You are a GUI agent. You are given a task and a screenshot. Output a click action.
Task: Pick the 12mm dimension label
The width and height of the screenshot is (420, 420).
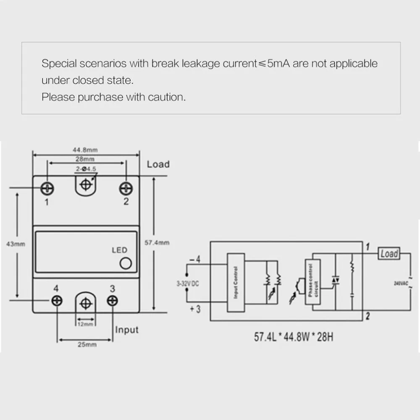[86, 323]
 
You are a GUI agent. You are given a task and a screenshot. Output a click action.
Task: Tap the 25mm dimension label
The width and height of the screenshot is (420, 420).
[85, 344]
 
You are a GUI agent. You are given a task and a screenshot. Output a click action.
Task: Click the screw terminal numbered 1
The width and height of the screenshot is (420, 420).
[47, 189]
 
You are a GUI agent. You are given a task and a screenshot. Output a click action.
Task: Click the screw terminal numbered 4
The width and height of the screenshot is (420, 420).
[57, 300]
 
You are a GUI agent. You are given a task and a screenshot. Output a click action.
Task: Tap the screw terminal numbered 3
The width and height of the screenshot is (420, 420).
[112, 300]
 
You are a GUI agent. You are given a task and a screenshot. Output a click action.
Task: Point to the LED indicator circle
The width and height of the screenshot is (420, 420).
[125, 263]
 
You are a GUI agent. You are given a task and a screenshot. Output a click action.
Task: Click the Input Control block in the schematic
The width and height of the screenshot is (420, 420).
[235, 283]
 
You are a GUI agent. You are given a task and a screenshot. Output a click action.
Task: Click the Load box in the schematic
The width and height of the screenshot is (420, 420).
[388, 254]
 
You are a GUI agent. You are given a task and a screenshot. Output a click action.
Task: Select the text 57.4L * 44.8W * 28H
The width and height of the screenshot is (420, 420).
[293, 337]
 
